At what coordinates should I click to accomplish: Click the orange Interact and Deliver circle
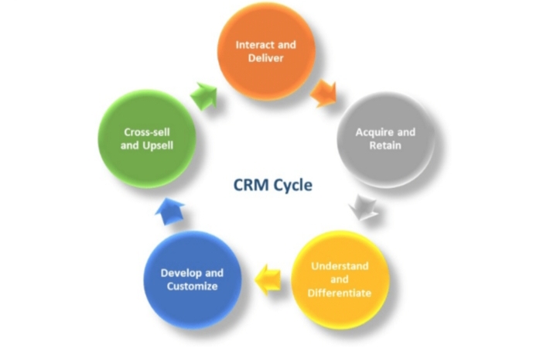[265, 52]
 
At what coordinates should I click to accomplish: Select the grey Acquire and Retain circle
[384, 139]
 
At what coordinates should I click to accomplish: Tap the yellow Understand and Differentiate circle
[340, 279]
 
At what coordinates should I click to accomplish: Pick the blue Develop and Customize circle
[192, 279]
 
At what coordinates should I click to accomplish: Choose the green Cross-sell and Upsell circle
[146, 139]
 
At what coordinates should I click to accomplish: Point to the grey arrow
[362, 207]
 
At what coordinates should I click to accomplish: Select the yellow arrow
[268, 275]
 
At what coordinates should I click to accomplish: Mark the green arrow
[204, 95]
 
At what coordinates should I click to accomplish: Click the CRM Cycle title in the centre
[273, 185]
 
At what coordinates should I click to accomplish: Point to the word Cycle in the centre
[292, 185]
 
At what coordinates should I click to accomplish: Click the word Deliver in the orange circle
[265, 59]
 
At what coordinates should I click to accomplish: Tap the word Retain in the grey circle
[385, 146]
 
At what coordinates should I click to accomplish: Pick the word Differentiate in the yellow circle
[340, 293]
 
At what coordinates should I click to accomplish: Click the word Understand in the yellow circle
[340, 266]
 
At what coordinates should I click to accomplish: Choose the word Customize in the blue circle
[192, 286]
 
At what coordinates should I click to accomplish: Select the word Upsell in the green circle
[160, 146]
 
